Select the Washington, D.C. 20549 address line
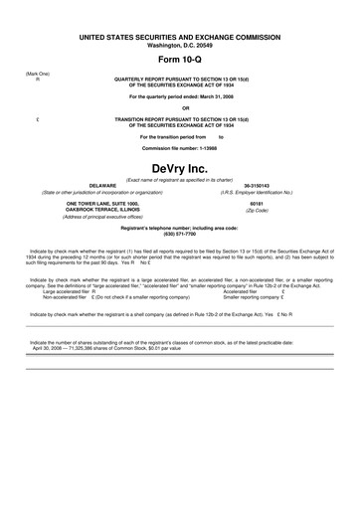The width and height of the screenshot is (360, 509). [x=179, y=45]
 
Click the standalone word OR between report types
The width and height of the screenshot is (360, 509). [x=179, y=108]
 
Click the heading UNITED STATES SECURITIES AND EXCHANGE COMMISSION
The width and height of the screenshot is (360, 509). [x=179, y=36]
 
